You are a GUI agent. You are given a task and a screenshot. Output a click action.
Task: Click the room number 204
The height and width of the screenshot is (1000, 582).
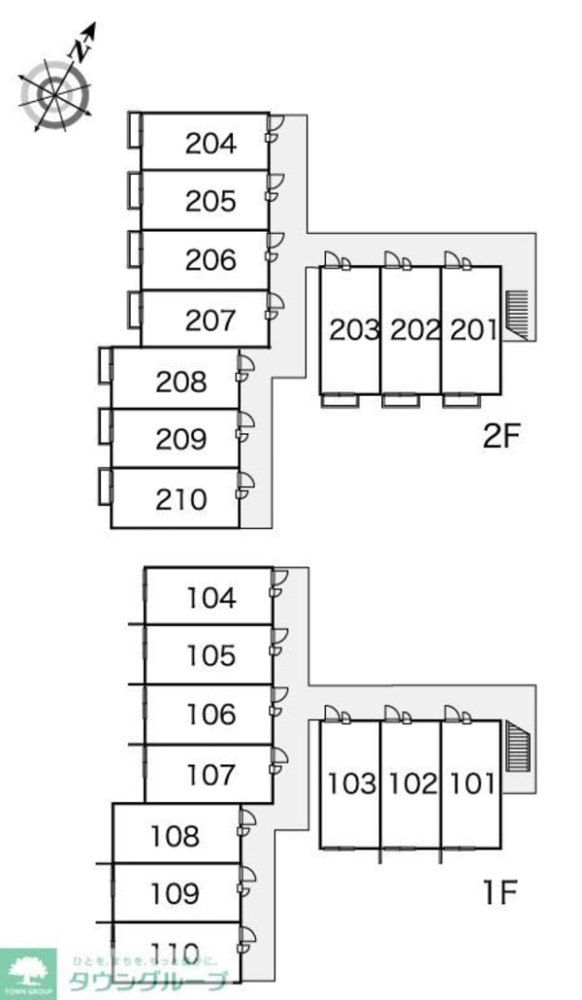(210, 144)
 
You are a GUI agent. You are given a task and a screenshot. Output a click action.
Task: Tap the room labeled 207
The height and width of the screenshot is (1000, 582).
(210, 319)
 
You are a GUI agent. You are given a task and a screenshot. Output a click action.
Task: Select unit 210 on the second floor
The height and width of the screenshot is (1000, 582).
(180, 499)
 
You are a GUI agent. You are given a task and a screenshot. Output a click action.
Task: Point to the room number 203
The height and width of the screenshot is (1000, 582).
(354, 330)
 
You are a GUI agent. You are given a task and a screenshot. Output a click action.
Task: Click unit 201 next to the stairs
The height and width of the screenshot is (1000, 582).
(473, 330)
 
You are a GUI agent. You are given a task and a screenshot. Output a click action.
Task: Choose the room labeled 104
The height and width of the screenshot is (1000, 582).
(211, 597)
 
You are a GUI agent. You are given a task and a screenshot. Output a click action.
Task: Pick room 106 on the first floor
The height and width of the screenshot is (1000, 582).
(211, 715)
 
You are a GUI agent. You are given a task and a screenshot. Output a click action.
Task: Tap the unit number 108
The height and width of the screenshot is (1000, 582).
(176, 835)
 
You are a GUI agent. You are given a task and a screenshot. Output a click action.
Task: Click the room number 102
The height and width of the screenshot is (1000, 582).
(414, 783)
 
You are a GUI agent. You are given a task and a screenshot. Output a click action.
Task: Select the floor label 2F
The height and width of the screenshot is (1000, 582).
(502, 436)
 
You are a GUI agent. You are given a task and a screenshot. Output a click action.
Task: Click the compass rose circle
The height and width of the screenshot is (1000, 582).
(55, 94)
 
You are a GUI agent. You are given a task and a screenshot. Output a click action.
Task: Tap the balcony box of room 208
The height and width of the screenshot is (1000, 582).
(105, 365)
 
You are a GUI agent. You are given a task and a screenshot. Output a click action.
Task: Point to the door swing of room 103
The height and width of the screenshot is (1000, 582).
(335, 717)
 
